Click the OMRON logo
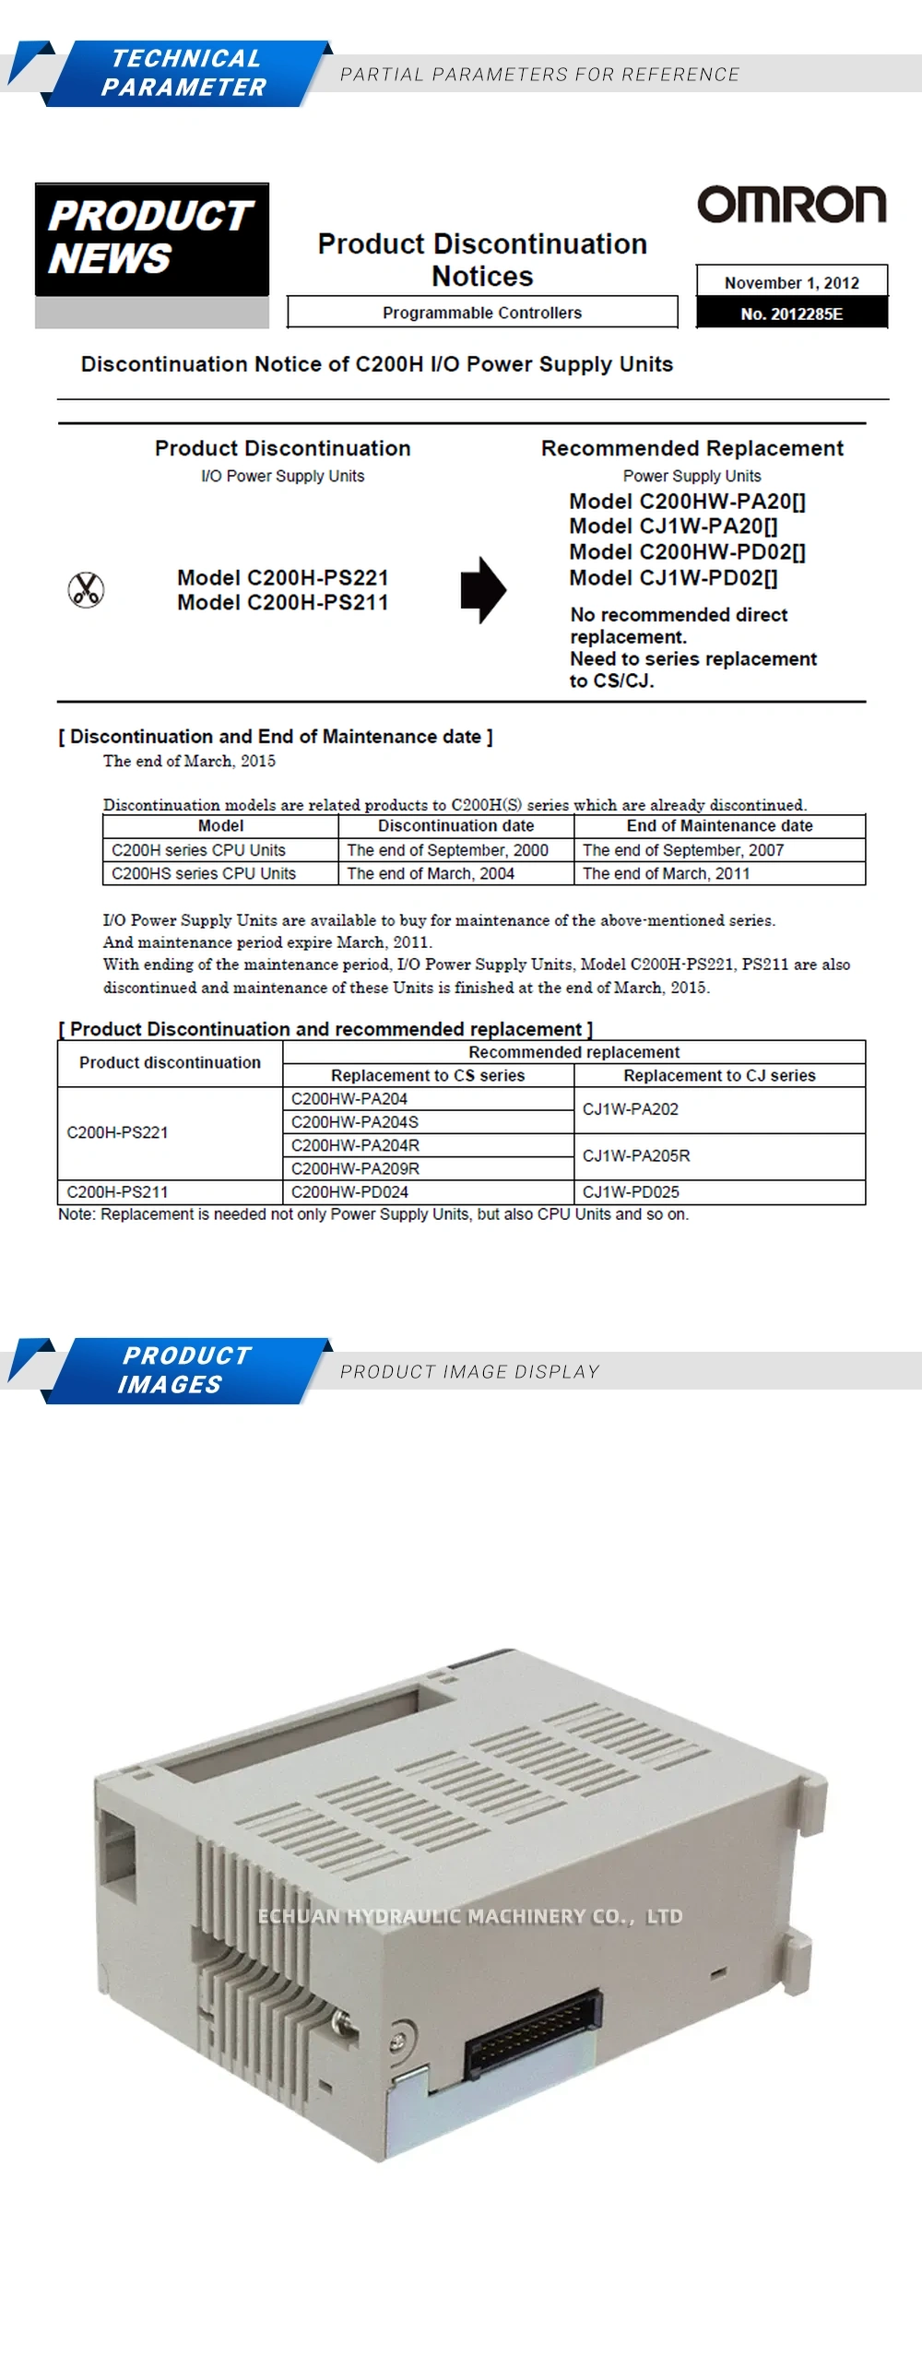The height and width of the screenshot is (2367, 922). point(791,205)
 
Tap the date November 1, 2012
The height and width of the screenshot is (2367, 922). point(791,282)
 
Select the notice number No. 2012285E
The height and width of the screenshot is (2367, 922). point(791,314)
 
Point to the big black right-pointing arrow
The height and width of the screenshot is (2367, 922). point(483,589)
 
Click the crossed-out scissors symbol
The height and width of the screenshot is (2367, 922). point(86,589)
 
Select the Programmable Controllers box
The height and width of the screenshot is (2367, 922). point(482,313)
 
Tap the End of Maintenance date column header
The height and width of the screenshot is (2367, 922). point(719,826)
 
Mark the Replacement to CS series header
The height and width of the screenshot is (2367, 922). point(428,1075)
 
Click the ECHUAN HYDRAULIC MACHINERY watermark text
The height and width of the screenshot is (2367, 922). point(470,1917)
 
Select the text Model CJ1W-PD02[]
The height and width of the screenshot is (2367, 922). point(673,578)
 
